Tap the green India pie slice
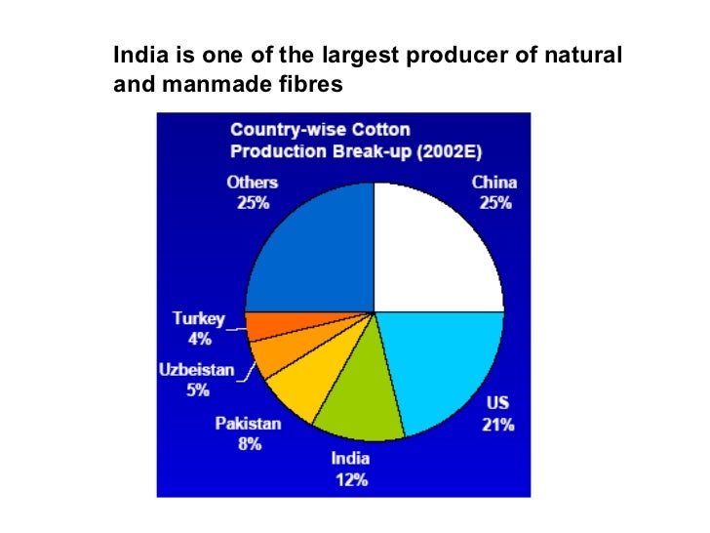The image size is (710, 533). pyautogui.click(x=366, y=395)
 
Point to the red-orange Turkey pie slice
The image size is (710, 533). pyautogui.click(x=260, y=326)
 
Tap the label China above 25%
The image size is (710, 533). pyautogui.click(x=494, y=183)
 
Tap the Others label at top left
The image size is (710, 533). pyautogui.click(x=252, y=183)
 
